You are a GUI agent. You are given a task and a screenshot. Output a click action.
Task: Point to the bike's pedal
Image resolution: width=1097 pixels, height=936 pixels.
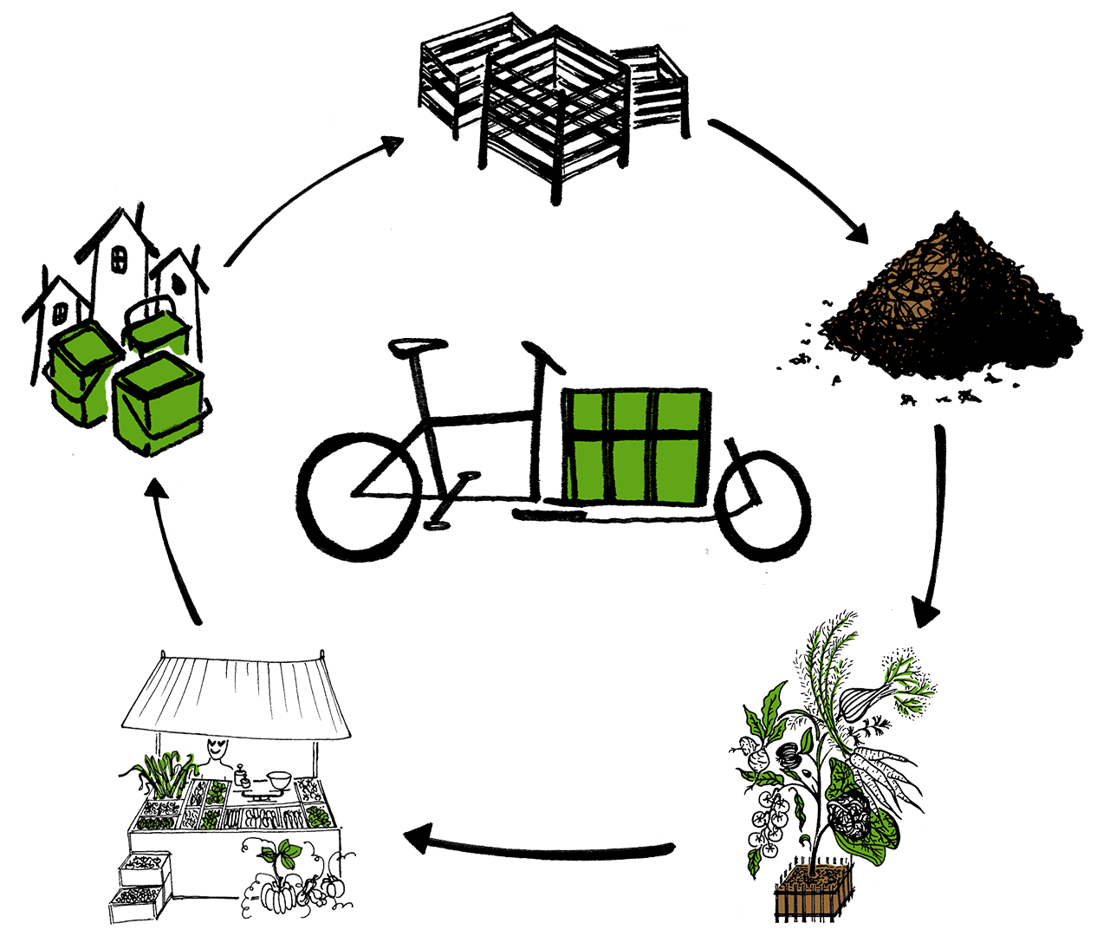point(437,524)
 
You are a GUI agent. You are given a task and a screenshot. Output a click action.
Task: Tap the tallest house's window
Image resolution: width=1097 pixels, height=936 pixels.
point(120,257)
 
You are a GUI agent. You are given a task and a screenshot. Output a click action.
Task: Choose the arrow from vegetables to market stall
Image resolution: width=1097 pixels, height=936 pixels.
point(537,844)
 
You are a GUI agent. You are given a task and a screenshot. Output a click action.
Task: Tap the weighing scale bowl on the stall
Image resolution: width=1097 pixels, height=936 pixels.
point(278,778)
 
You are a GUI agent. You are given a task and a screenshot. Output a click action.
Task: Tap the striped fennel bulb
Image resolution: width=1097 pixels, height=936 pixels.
point(863,699)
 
